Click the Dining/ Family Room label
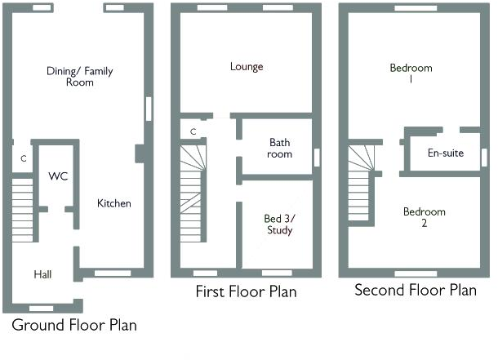(79, 77)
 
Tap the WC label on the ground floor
(57, 176)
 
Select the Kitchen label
(114, 203)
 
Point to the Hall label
(42, 274)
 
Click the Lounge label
(247, 67)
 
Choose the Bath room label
(280, 148)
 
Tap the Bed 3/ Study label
(278, 224)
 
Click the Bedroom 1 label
(411, 73)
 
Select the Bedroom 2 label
(425, 217)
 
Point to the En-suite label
(445, 153)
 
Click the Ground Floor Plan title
(74, 325)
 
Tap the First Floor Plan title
(246, 291)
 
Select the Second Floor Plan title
(415, 290)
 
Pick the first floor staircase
(193, 189)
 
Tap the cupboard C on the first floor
(193, 131)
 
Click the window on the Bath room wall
(317, 157)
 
